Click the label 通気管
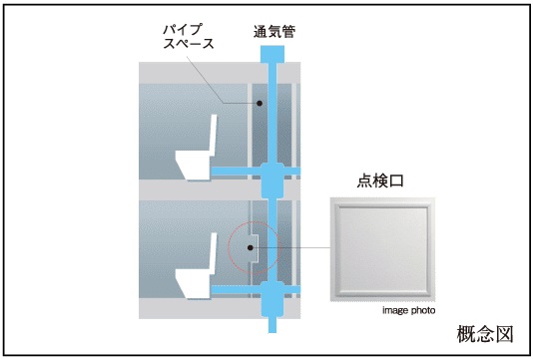(x=273, y=32)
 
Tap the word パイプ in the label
(x=183, y=29)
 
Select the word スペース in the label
(x=189, y=44)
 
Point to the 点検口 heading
(x=380, y=180)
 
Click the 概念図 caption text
(x=485, y=334)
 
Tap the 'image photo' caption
(x=408, y=310)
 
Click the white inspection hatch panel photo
(x=382, y=249)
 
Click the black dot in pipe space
(x=260, y=104)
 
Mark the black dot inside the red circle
(x=251, y=248)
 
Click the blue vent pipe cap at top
(x=272, y=54)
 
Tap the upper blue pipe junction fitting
(x=272, y=180)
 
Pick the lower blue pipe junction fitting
(x=272, y=299)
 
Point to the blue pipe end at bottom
(x=272, y=325)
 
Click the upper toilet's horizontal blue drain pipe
(x=236, y=172)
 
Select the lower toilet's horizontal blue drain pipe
(x=236, y=290)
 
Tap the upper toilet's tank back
(x=214, y=136)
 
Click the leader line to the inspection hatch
(x=291, y=248)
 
